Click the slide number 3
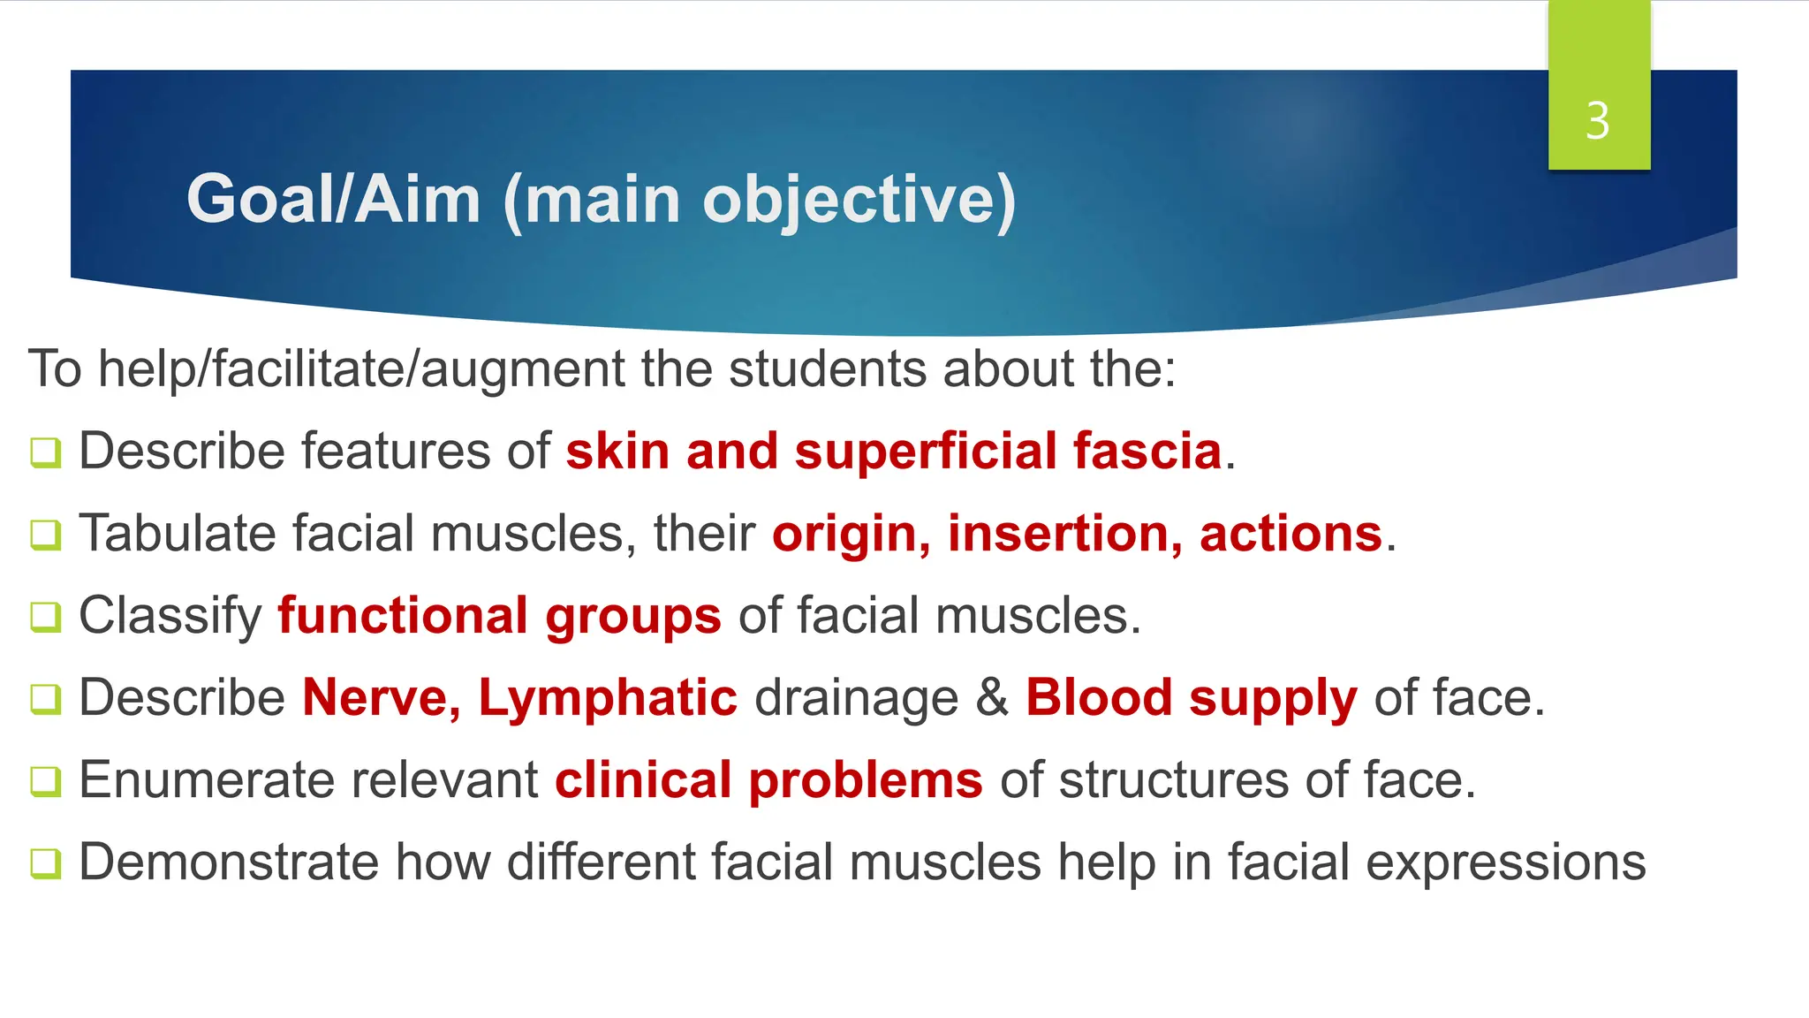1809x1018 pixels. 1597,120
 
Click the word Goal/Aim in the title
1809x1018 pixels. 333,199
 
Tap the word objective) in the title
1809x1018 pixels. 859,201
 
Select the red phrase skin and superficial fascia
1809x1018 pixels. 894,451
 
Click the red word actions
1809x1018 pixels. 1290,534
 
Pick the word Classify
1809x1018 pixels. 170,616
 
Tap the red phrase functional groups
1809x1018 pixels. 499,616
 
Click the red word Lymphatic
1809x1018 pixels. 608,697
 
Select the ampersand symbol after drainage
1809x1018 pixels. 992,697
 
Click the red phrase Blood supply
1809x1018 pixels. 1191,697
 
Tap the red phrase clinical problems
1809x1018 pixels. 768,780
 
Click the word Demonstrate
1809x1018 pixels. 228,862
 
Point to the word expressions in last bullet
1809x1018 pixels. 1505,863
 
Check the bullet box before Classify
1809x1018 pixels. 46,617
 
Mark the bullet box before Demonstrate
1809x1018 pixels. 46,863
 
